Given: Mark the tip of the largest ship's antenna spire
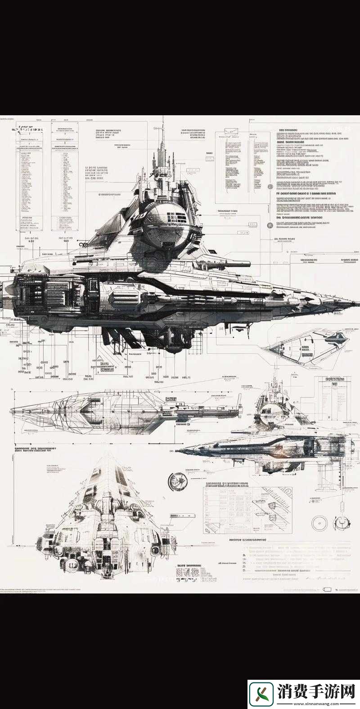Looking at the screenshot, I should coord(163,118).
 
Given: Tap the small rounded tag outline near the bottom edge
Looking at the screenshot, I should coord(327,589).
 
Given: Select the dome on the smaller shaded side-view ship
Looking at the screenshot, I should coord(270,409).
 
